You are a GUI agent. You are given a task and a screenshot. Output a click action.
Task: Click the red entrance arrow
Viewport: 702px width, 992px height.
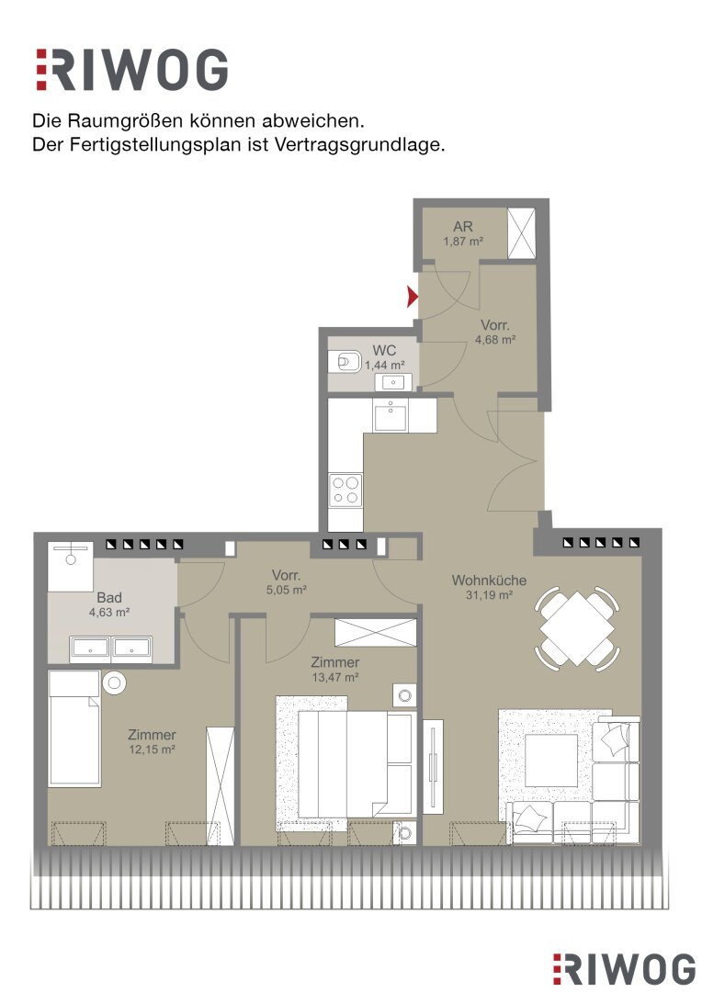pyautogui.click(x=413, y=296)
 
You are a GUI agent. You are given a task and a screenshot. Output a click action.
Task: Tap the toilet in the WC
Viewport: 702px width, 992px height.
pyautogui.click(x=344, y=363)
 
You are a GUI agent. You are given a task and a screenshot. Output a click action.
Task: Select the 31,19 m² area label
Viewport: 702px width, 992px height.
pyautogui.click(x=489, y=594)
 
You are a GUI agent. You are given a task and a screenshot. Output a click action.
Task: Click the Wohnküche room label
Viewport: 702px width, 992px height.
pyautogui.click(x=489, y=581)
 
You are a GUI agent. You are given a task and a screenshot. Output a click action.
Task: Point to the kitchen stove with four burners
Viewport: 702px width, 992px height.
pyautogui.click(x=345, y=490)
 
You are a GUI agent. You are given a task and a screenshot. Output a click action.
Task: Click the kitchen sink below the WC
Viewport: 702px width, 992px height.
pyautogui.click(x=390, y=414)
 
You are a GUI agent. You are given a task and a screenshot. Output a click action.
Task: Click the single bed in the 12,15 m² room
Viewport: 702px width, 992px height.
pyautogui.click(x=74, y=728)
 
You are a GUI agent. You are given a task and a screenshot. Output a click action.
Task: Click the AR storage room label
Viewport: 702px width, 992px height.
pyautogui.click(x=463, y=227)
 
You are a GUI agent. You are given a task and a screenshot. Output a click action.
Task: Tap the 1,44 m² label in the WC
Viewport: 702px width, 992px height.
pyautogui.click(x=385, y=365)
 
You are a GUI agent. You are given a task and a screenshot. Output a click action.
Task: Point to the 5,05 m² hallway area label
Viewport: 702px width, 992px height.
pyautogui.click(x=286, y=590)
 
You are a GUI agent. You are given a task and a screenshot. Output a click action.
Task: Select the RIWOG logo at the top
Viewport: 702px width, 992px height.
pyautogui.click(x=131, y=69)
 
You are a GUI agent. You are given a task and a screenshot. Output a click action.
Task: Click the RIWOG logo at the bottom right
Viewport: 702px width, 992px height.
pyautogui.click(x=624, y=969)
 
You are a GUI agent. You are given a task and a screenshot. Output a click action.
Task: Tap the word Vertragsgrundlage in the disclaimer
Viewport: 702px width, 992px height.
pyautogui.click(x=360, y=145)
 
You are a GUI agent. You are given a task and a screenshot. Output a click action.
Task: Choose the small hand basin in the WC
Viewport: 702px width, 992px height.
pyautogui.click(x=394, y=382)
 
